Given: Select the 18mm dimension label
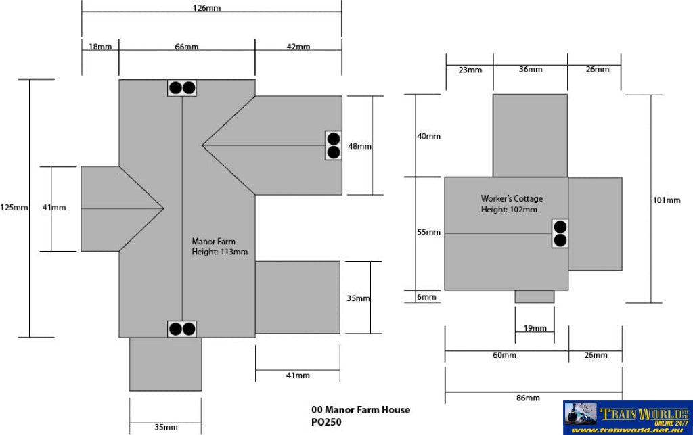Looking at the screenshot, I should point(100,47).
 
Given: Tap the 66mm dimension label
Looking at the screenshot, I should point(187,47).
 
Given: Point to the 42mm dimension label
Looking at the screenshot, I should point(298,47).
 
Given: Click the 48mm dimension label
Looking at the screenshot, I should point(359,146).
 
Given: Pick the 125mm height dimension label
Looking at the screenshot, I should point(14,208).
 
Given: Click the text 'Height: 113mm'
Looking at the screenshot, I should point(220,252).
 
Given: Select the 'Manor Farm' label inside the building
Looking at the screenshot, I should point(213,241).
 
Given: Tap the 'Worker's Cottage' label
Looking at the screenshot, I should point(512,199).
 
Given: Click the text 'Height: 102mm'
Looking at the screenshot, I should point(509,210).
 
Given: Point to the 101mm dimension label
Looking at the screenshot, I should point(667,200).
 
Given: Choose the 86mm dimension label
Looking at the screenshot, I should point(527,398).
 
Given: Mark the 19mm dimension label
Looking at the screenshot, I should point(535,328).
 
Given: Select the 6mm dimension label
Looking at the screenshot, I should point(427,297).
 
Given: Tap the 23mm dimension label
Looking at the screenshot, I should point(470,70).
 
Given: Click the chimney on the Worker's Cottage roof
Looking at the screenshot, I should point(560,233).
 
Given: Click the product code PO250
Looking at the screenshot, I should point(326,422).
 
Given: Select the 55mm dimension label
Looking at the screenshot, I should point(428,233).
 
